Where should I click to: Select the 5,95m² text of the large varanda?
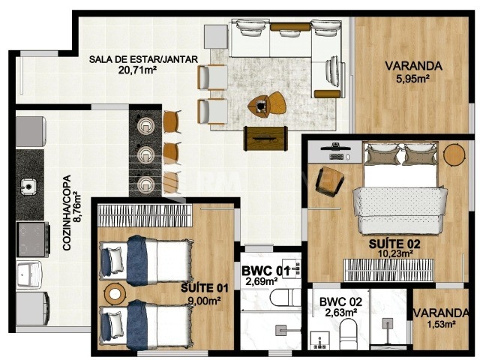click(x=413, y=77)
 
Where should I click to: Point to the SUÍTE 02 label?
click(x=394, y=244)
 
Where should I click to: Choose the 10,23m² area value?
click(x=394, y=254)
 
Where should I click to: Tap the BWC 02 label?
click(x=340, y=303)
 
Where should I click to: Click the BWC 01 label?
click(x=261, y=271)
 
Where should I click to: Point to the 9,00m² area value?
click(x=204, y=301)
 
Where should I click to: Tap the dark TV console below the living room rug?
click(x=265, y=137)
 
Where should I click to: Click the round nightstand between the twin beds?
click(x=114, y=292)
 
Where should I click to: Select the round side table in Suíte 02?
click(x=454, y=154)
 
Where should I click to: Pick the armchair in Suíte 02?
click(x=329, y=181)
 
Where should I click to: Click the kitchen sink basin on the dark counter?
click(x=30, y=184)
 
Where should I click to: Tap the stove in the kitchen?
click(x=31, y=238)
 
